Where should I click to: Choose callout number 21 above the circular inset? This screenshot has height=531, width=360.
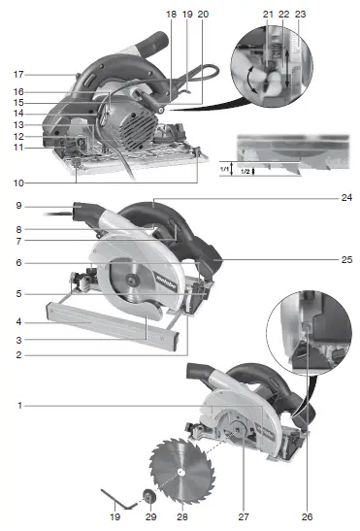pos(268,14)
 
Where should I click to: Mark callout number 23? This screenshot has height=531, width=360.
pos(302,14)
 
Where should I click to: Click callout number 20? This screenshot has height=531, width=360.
pos(203,14)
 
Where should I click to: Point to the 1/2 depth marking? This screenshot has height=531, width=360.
pos(248,172)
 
